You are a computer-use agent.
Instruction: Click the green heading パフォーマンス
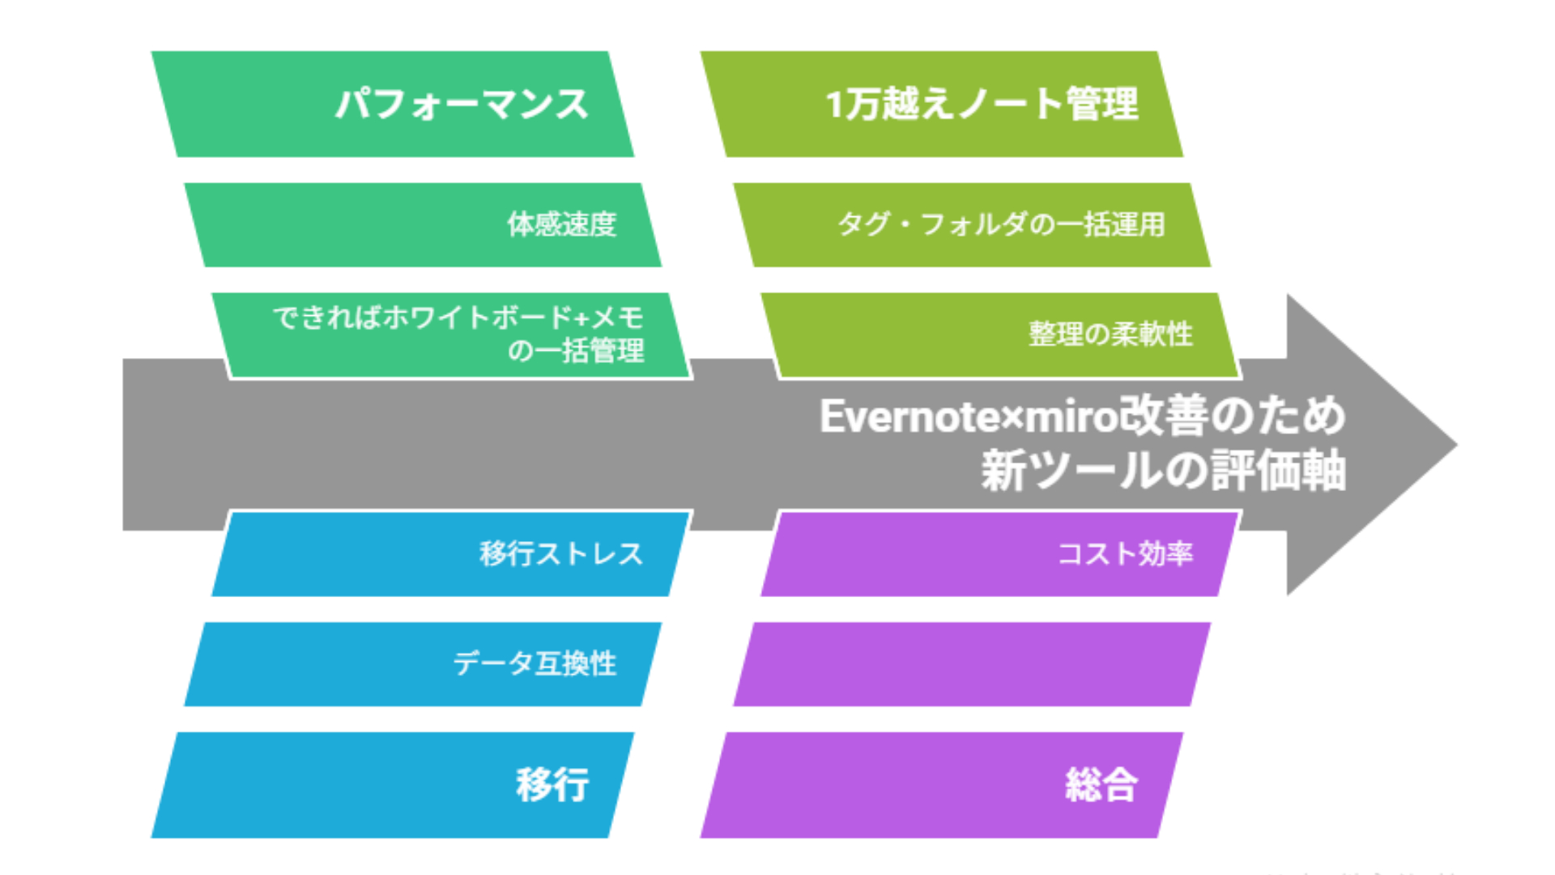462,105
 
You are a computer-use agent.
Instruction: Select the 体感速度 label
562,224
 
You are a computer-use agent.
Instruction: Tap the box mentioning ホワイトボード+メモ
452,335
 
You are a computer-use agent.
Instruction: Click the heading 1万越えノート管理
982,105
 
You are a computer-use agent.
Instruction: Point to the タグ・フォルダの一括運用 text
1001,224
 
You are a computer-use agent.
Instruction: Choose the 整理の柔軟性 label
1111,334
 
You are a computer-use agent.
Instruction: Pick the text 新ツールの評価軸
1164,471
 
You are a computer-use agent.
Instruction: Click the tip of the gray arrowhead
1457,444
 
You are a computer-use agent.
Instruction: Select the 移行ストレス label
561,554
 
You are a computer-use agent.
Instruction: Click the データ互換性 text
535,664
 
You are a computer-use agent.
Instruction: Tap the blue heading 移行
552,785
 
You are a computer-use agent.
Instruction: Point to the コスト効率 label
1125,554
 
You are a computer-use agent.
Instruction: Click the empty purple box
972,664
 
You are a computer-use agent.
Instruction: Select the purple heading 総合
1101,785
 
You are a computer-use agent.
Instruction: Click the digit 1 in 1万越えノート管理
833,105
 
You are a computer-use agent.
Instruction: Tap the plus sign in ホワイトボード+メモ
582,318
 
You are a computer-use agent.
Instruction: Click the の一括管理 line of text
576,351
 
